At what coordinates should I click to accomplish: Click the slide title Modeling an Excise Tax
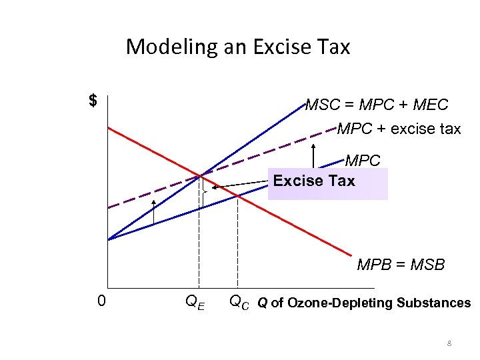pyautogui.click(x=237, y=47)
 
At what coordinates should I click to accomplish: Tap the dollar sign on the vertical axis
pyautogui.click(x=93, y=101)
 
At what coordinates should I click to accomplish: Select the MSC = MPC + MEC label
pyautogui.click(x=377, y=105)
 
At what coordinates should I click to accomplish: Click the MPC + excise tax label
pyautogui.click(x=399, y=129)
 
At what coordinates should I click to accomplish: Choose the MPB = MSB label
pyautogui.click(x=401, y=265)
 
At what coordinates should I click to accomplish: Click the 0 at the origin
pyautogui.click(x=101, y=301)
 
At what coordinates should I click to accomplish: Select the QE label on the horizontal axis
pyautogui.click(x=195, y=303)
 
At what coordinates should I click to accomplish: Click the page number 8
pyautogui.click(x=449, y=344)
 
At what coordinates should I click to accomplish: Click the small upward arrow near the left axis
pyautogui.click(x=153, y=210)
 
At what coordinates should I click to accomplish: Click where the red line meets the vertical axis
pyautogui.click(x=108, y=127)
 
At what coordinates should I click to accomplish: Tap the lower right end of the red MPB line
pyautogui.click(x=351, y=255)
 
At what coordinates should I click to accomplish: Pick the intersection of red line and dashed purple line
pyautogui.click(x=199, y=176)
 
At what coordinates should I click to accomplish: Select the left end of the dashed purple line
pyautogui.click(x=109, y=208)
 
